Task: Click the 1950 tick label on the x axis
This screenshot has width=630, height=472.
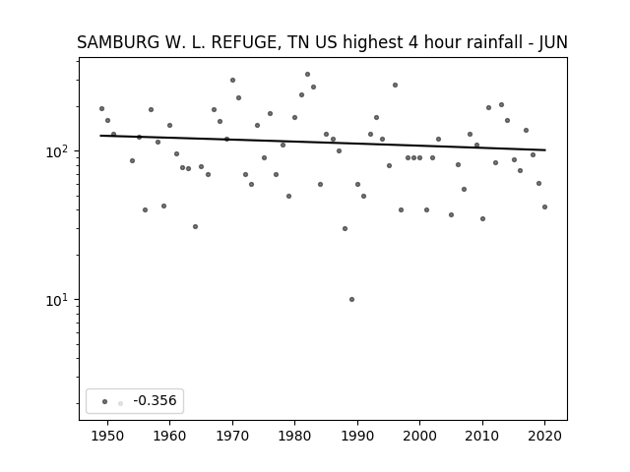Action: tap(107, 437)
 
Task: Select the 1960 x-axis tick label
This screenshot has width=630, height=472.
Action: tap(169, 437)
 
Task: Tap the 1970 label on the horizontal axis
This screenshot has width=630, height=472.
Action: tap(232, 437)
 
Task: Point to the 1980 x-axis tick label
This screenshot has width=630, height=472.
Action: tap(294, 437)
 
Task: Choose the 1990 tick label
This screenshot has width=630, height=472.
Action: tap(357, 437)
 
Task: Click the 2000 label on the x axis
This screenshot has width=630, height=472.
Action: tap(419, 437)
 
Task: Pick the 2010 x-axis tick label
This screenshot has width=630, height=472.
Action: tap(482, 437)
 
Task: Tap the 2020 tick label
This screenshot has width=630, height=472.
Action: tap(544, 437)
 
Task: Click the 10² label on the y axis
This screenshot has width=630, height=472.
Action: tap(59, 151)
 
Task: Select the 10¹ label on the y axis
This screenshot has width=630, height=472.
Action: tap(59, 300)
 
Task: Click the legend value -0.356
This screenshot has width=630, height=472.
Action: tap(155, 400)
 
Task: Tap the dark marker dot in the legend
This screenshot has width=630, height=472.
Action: tap(105, 401)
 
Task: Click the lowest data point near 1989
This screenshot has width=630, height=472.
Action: tap(351, 299)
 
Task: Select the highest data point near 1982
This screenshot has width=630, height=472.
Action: tap(307, 75)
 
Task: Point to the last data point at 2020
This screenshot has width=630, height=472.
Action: tap(544, 207)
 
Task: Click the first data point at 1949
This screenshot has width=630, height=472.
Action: tap(101, 109)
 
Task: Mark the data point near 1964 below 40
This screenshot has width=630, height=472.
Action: tap(195, 227)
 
